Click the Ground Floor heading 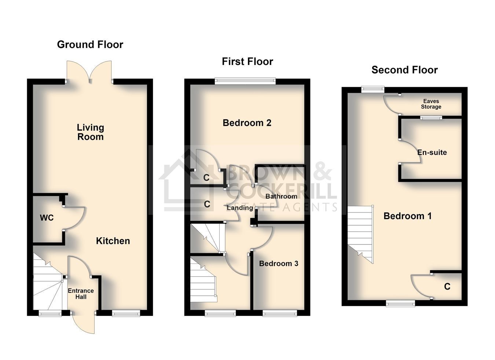[90, 45]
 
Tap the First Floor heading [247, 62]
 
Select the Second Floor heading [404, 70]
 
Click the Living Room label [90, 132]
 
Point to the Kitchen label [113, 241]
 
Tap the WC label [47, 218]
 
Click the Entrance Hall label [81, 294]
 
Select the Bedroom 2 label [247, 123]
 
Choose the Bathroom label [281, 196]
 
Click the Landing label [240, 208]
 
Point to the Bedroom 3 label [278, 263]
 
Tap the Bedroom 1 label [407, 216]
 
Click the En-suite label [432, 152]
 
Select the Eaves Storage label [431, 104]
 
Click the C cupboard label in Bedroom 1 [447, 287]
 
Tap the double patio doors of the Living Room [89, 72]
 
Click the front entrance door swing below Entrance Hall [84, 323]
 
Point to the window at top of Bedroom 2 [245, 81]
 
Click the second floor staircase [360, 234]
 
